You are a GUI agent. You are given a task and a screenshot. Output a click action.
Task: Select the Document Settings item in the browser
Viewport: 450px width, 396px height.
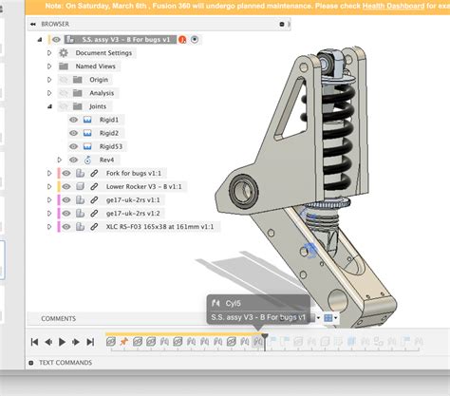(x=104, y=53)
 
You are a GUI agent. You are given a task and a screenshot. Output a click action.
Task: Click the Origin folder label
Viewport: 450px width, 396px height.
(x=99, y=80)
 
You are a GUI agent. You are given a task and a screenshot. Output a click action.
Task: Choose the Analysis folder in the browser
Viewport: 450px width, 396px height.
(x=102, y=93)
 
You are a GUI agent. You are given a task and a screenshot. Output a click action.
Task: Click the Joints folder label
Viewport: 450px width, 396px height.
(x=99, y=106)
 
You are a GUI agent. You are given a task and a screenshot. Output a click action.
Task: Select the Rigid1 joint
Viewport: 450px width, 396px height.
(x=109, y=120)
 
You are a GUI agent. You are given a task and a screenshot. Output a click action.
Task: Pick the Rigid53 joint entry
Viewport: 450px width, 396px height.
(x=111, y=146)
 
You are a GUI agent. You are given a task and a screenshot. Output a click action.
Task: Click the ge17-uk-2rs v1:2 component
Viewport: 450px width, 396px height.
(x=135, y=214)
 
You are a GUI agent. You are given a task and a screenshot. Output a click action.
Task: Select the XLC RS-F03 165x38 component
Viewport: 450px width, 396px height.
(x=159, y=227)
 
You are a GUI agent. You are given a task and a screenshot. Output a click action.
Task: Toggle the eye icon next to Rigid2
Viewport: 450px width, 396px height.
(x=72, y=133)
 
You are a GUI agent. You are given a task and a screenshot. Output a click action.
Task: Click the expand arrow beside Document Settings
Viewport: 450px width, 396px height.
(x=49, y=53)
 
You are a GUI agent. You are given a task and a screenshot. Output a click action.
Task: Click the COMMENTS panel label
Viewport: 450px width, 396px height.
(x=58, y=318)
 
